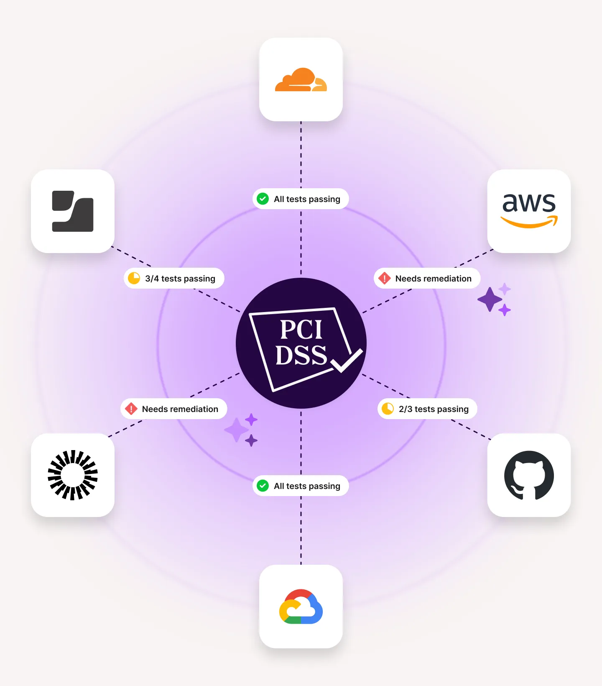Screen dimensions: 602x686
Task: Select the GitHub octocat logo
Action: (x=529, y=475)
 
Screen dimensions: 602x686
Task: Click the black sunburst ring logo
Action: (x=73, y=475)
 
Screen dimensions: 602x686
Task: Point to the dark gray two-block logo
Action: (x=73, y=211)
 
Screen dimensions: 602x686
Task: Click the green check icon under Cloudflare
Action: (x=263, y=199)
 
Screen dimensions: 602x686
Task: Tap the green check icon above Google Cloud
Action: (x=263, y=486)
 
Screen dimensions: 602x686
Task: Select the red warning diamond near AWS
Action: (x=384, y=278)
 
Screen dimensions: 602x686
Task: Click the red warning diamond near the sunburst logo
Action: (x=131, y=409)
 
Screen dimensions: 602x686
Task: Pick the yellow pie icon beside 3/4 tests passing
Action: (x=134, y=278)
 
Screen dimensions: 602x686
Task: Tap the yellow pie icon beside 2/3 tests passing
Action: (x=388, y=409)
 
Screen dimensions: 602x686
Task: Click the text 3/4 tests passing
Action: (x=180, y=279)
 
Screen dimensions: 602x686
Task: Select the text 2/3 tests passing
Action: (x=434, y=409)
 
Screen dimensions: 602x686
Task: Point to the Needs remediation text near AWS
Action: (x=433, y=279)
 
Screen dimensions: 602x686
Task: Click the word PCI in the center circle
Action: (x=301, y=330)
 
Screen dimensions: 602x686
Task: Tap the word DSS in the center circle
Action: (x=301, y=356)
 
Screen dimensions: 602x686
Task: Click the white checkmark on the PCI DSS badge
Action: (x=347, y=361)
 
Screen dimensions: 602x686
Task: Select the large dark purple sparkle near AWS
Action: (x=490, y=299)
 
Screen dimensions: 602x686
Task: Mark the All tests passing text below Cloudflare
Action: (x=307, y=199)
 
